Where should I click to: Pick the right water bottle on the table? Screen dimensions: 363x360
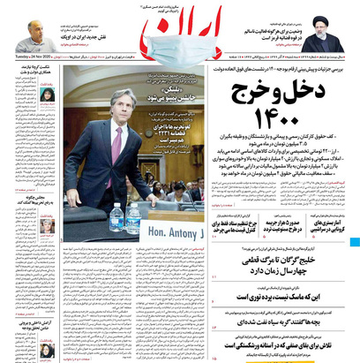(133, 217)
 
